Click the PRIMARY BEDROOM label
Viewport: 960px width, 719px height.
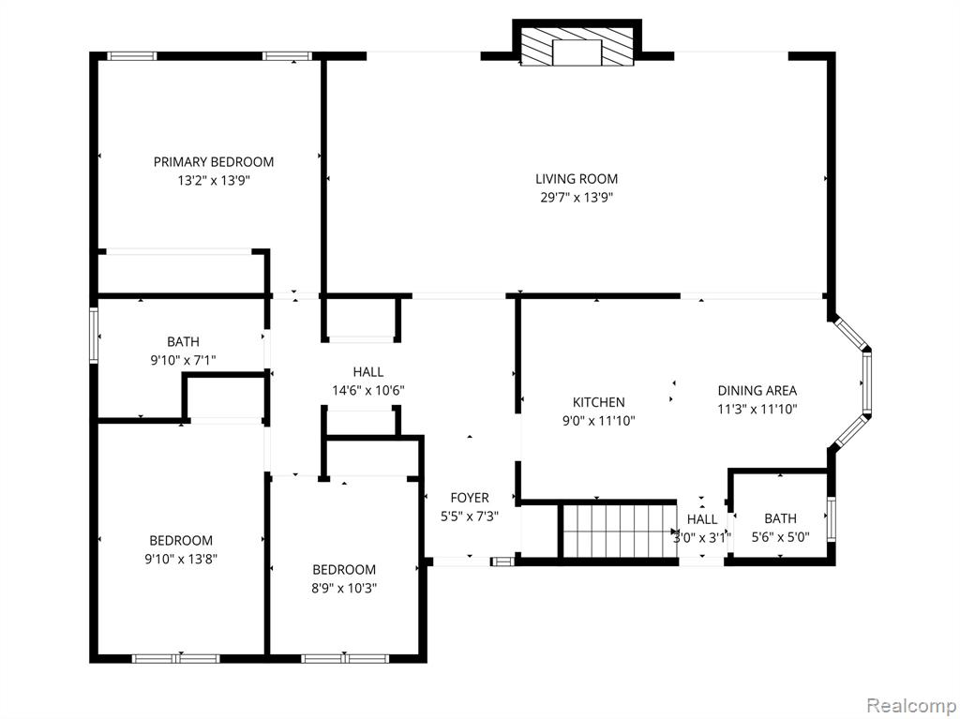click(x=213, y=161)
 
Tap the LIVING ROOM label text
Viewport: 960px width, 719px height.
click(x=577, y=179)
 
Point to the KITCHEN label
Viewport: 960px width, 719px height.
click(x=599, y=402)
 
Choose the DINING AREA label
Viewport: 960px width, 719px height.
click(x=757, y=390)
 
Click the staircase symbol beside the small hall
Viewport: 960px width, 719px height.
click(x=620, y=531)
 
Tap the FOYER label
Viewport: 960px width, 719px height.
click(x=470, y=498)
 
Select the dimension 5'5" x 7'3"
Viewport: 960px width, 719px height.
click(x=470, y=517)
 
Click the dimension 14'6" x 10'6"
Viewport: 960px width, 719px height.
click(x=368, y=390)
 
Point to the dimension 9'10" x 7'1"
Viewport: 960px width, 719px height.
click(x=183, y=360)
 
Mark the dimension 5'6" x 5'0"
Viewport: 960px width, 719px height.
click(x=781, y=537)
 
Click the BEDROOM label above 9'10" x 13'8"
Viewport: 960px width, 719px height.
click(x=181, y=540)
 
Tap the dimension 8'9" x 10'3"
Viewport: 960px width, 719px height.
click(x=344, y=589)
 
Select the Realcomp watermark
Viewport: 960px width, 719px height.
click(x=912, y=706)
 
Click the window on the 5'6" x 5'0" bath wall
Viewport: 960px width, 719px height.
click(x=831, y=518)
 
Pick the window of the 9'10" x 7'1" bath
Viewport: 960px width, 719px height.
click(x=94, y=336)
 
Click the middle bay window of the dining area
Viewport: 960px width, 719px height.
click(x=867, y=382)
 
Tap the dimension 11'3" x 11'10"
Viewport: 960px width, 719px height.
click(x=757, y=409)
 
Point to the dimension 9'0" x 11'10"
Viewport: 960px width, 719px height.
click(x=599, y=421)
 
